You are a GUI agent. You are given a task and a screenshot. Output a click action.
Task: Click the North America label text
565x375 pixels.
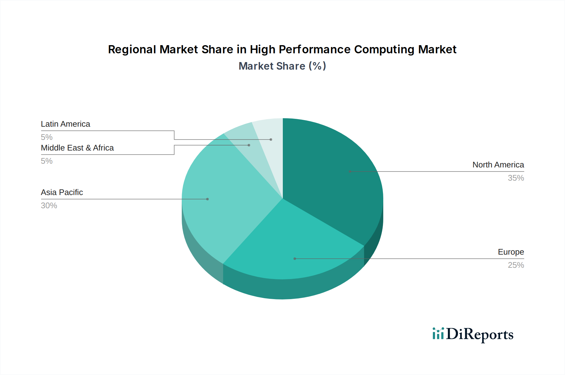pyautogui.click(x=498, y=165)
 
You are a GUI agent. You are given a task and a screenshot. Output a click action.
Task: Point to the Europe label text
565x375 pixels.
pyautogui.click(x=511, y=252)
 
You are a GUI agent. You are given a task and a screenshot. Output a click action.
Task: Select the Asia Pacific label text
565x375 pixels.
pyautogui.click(x=62, y=193)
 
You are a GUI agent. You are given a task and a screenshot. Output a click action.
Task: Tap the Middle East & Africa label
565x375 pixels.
pyautogui.click(x=77, y=148)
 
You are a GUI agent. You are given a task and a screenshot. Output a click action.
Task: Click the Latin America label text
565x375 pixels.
pyautogui.click(x=65, y=124)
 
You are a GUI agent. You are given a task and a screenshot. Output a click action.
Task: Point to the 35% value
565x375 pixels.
pyautogui.click(x=516, y=178)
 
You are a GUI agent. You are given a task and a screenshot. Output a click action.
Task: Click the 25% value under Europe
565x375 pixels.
pyautogui.click(x=516, y=265)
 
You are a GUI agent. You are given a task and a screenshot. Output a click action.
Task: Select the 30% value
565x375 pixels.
pyautogui.click(x=49, y=206)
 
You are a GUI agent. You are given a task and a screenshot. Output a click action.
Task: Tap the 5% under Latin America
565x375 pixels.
pyautogui.click(x=47, y=137)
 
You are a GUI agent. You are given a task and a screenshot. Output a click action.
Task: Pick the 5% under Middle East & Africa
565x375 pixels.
pyautogui.click(x=47, y=161)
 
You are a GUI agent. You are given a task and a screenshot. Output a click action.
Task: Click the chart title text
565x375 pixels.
pyautogui.click(x=282, y=50)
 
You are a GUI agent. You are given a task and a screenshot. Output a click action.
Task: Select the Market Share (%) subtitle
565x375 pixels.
pyautogui.click(x=282, y=66)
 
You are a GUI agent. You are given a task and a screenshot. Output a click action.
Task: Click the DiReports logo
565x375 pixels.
pyautogui.click(x=473, y=334)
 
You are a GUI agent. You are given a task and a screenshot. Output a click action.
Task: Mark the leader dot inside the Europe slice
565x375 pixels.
pyautogui.click(x=295, y=259)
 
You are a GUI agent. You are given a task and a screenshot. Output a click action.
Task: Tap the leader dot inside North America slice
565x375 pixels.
pyautogui.click(x=350, y=172)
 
